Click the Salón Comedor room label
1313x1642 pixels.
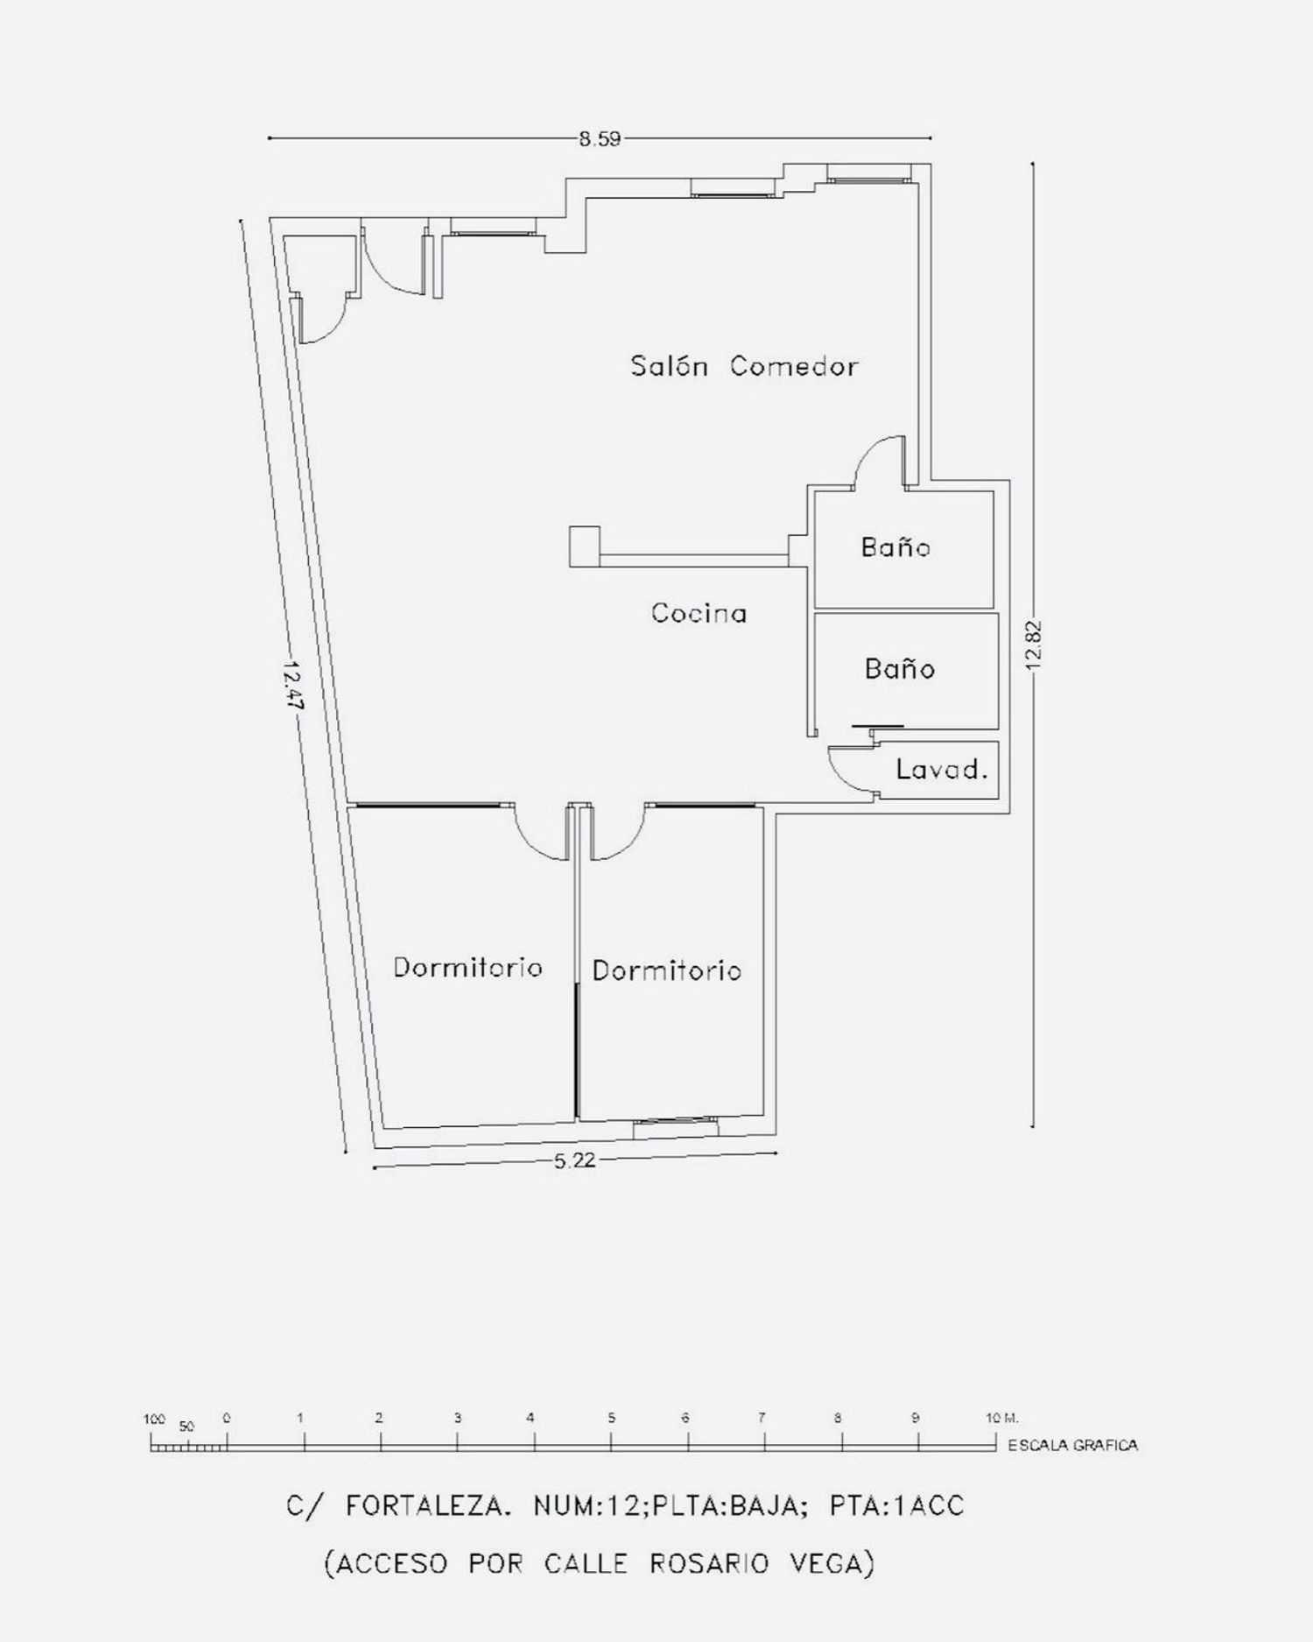click(744, 365)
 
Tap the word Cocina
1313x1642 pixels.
click(699, 612)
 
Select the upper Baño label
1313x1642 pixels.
click(895, 546)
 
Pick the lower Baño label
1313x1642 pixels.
click(899, 668)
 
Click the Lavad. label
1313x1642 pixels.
click(942, 770)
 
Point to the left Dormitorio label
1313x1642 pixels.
click(467, 967)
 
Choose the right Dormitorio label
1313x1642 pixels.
click(666, 970)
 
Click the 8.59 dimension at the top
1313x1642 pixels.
click(600, 138)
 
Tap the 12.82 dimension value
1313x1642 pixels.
click(1034, 645)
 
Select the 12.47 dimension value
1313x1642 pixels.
click(291, 686)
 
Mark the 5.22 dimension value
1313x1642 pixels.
click(575, 1160)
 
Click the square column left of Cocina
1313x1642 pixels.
click(585, 546)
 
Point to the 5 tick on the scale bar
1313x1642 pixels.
click(611, 1416)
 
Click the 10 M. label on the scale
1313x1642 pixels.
click(1002, 1418)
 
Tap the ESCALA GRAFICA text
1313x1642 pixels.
click(1073, 1445)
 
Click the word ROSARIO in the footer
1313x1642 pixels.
click(709, 1562)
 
